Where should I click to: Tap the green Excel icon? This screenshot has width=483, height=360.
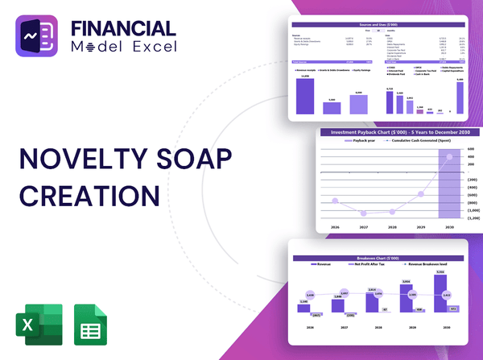30,324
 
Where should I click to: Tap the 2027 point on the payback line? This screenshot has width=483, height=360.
363,213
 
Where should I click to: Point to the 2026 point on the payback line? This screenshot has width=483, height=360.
334,201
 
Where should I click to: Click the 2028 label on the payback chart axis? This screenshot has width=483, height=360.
392,228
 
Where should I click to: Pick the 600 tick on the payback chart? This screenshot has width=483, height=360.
472,149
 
